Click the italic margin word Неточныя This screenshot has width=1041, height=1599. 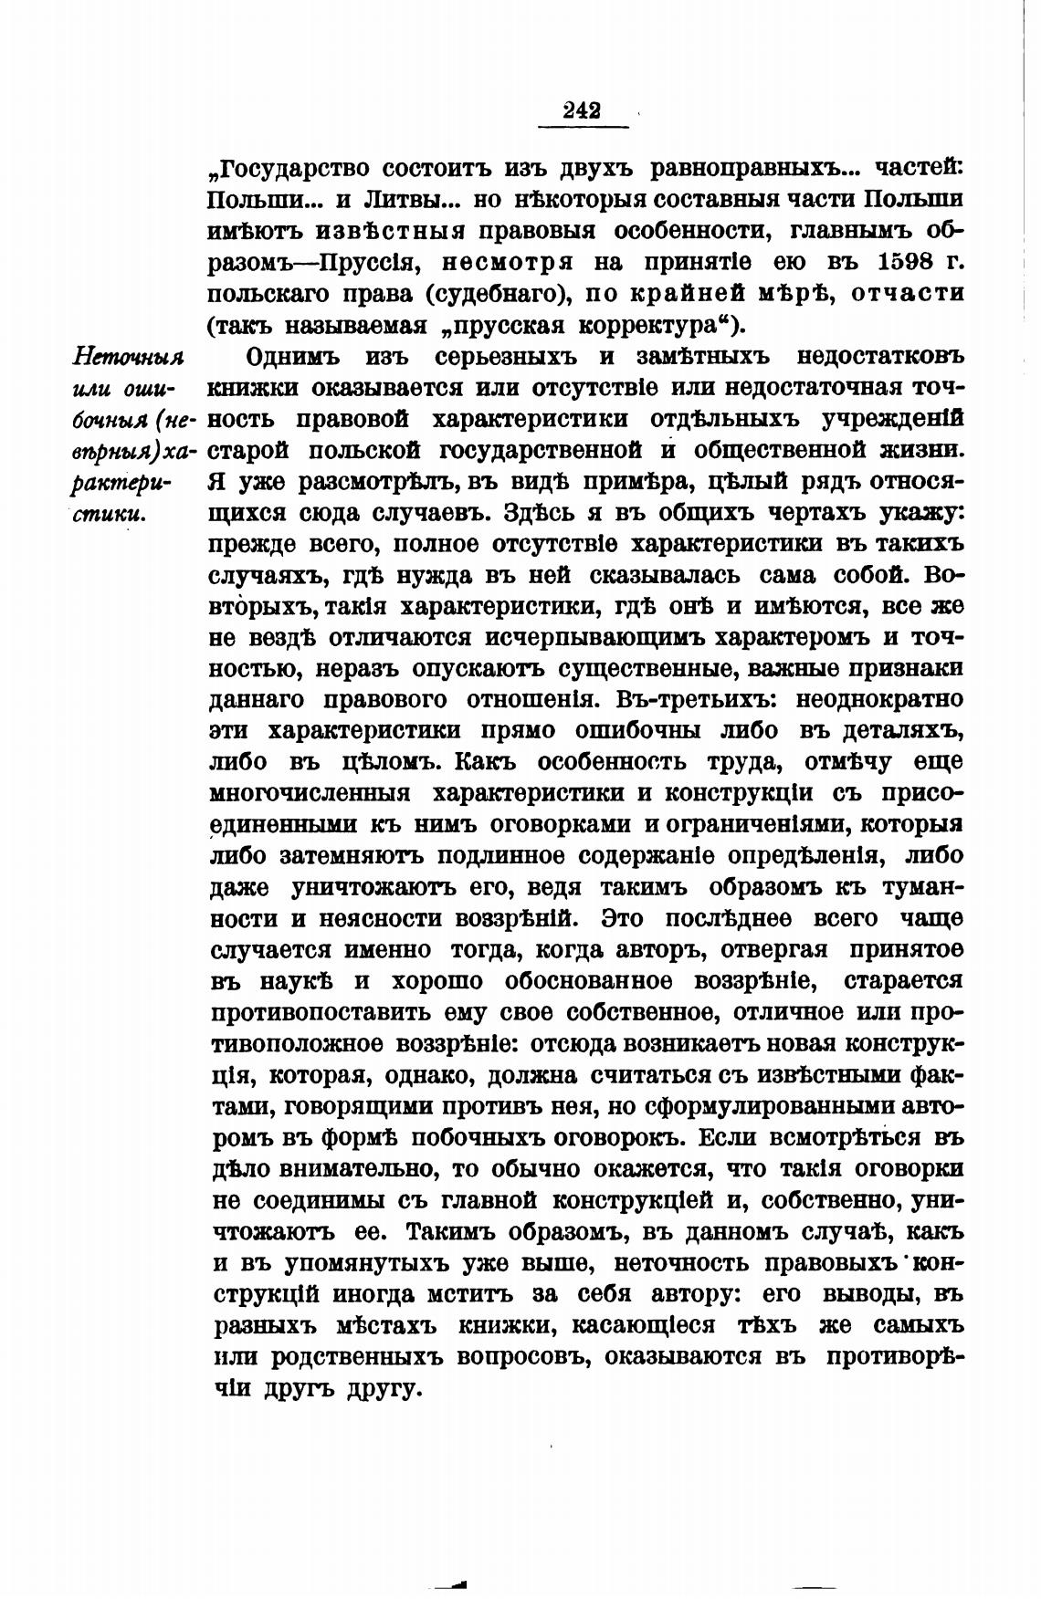coord(128,357)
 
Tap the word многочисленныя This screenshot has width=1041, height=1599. coord(310,793)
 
